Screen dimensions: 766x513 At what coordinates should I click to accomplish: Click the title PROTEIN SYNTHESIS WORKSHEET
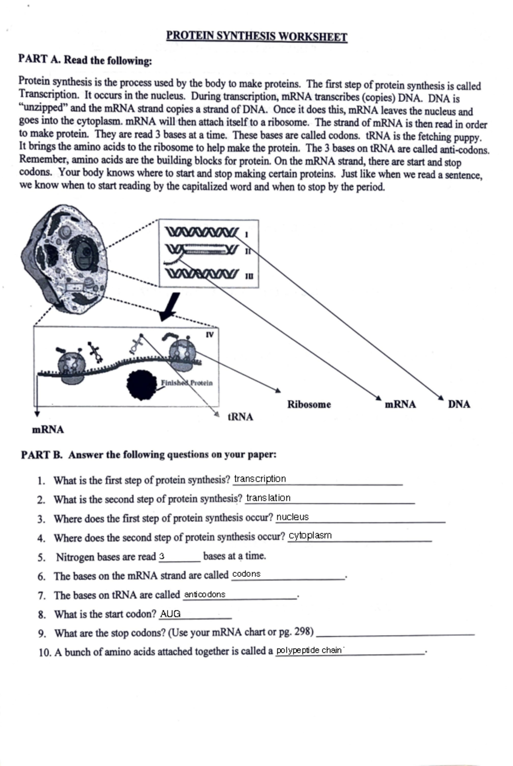[256, 36]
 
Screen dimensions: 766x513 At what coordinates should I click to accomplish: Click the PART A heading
[85, 60]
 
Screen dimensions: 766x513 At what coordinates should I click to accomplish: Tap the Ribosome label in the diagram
[309, 404]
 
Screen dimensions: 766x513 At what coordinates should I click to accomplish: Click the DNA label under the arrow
[459, 404]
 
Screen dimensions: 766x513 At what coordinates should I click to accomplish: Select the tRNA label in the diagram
[240, 417]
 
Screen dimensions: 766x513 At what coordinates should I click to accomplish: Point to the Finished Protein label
[186, 383]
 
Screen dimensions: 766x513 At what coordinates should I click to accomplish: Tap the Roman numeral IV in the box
[209, 334]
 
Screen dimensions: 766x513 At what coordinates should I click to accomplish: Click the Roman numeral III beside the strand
[249, 276]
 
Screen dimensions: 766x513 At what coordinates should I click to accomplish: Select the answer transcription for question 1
[260, 479]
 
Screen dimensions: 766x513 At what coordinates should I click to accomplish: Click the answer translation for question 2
[268, 498]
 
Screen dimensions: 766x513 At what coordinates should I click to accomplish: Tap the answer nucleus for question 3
[292, 517]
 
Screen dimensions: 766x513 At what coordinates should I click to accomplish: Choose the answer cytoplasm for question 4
[310, 535]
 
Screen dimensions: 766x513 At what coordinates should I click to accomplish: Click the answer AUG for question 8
[170, 614]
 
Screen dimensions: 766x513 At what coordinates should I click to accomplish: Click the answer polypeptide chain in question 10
[309, 651]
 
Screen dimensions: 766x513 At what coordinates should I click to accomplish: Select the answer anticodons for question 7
[204, 594]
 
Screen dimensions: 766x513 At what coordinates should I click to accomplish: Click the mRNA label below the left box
[48, 429]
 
